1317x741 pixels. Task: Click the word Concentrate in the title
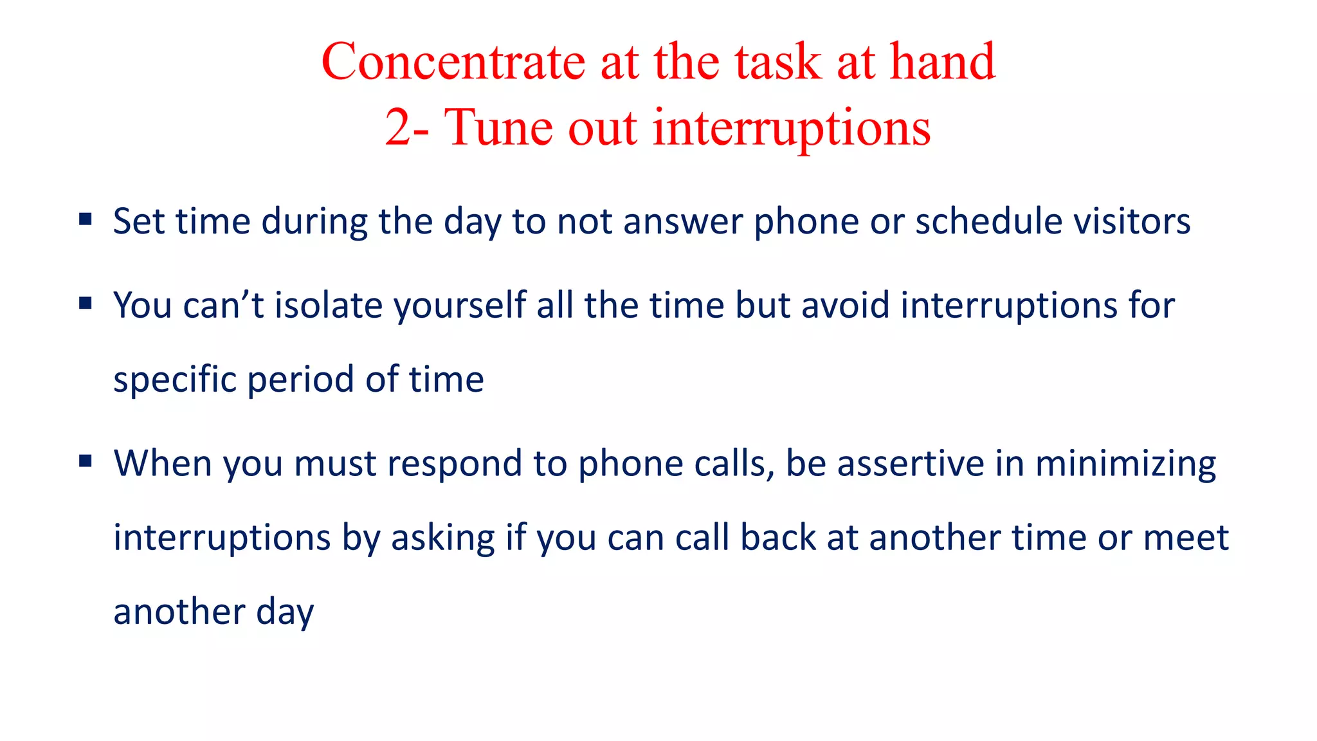pyautogui.click(x=453, y=62)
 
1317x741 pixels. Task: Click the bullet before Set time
pyautogui.click(x=86, y=220)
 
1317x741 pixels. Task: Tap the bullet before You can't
pyautogui.click(x=86, y=303)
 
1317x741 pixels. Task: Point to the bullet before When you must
pyautogui.click(x=86, y=461)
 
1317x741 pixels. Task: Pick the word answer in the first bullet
pyautogui.click(x=683, y=223)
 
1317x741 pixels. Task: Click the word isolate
pyautogui.click(x=329, y=305)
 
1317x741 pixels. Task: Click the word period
pyautogui.click(x=300, y=380)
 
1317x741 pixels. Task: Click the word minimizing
pyautogui.click(x=1125, y=464)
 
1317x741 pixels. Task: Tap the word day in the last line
pyautogui.click(x=285, y=612)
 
